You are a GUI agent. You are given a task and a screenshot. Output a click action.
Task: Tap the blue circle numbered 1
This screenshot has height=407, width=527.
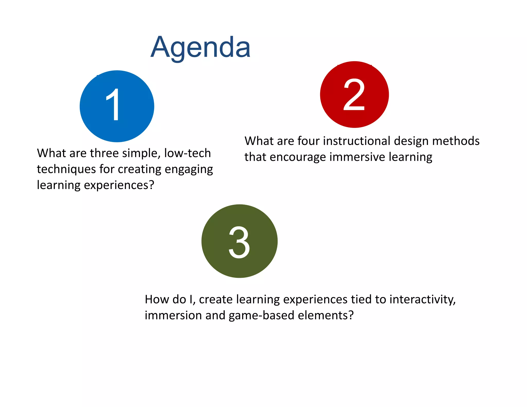point(117,106)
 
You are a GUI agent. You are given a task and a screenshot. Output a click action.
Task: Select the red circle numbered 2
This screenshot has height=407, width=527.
point(354,94)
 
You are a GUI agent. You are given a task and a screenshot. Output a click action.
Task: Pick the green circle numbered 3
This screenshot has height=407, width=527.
point(239,241)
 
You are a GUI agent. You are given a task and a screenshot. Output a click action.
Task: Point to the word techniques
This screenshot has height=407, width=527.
point(66,169)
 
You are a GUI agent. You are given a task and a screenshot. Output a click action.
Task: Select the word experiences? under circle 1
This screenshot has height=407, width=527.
point(119,185)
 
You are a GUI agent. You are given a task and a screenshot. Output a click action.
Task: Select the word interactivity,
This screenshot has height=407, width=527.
point(422,299)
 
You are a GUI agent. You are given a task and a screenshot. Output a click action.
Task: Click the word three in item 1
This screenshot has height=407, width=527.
point(104,153)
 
